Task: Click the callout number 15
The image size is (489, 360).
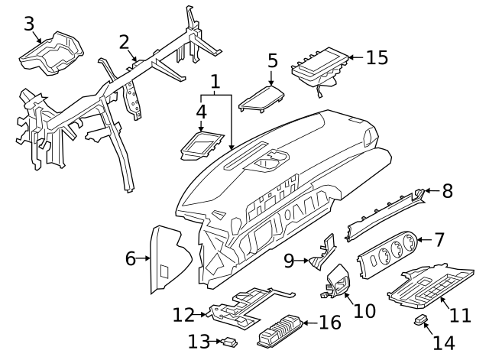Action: tap(377, 57)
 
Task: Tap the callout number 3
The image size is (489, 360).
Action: tap(29, 24)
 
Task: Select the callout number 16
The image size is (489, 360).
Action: tap(329, 323)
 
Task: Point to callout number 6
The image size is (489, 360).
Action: tap(131, 259)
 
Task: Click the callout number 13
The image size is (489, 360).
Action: tap(198, 342)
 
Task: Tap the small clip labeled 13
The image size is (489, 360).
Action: tap(228, 342)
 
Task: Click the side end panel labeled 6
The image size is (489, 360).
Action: tap(168, 260)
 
